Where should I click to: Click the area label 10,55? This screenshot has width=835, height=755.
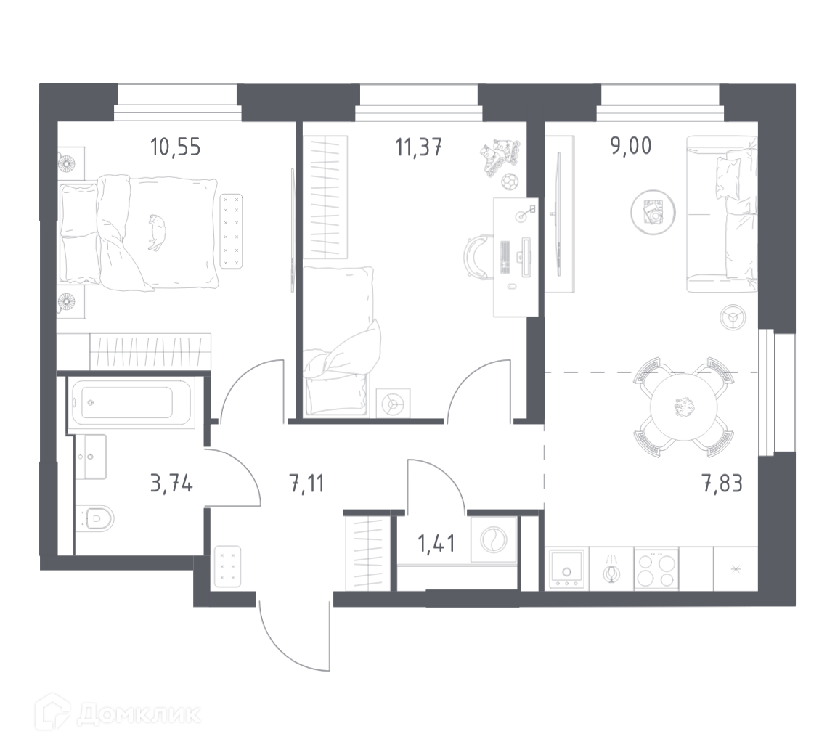pyautogui.click(x=175, y=147)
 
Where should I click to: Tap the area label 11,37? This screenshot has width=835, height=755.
pyautogui.click(x=418, y=147)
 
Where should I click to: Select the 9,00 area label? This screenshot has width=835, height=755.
pyautogui.click(x=631, y=145)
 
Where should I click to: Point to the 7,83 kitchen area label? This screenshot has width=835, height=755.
pyautogui.click(x=722, y=483)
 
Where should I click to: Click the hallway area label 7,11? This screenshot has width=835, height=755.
pyautogui.click(x=306, y=483)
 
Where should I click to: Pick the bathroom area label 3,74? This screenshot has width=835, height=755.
pyautogui.click(x=171, y=483)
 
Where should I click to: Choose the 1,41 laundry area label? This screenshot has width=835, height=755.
pyautogui.click(x=436, y=544)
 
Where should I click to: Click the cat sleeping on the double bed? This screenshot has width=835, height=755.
pyautogui.click(x=155, y=232)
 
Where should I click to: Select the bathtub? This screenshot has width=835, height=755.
pyautogui.click(x=131, y=402)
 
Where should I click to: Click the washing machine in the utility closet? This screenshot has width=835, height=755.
pyautogui.click(x=494, y=539)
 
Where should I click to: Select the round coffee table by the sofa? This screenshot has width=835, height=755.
pyautogui.click(x=653, y=212)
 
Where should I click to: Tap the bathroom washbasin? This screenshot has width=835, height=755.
pyautogui.click(x=91, y=457)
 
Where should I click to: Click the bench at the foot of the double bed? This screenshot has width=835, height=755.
pyautogui.click(x=231, y=231)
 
